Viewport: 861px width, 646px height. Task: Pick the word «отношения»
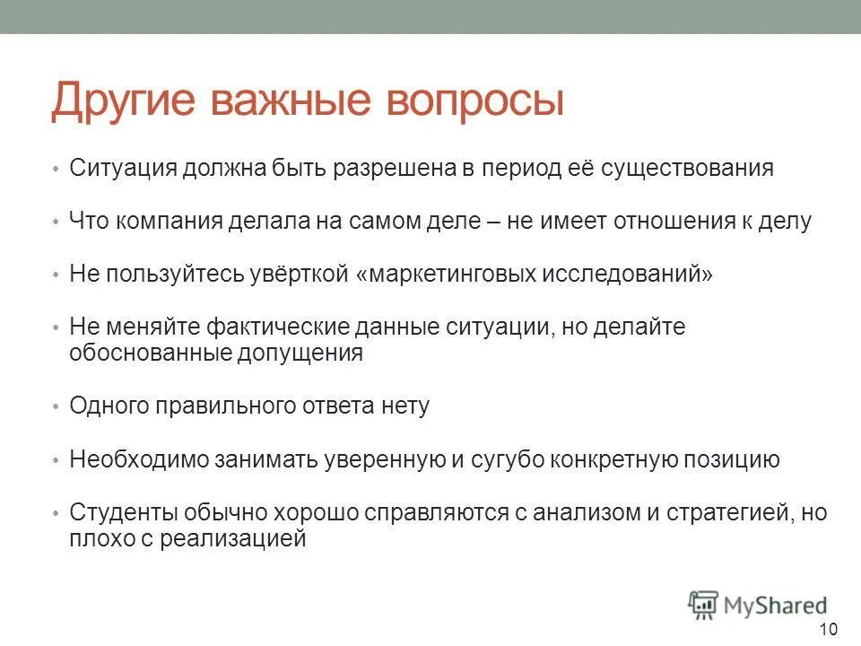click(x=678, y=222)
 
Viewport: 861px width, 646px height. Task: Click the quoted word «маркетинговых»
click(x=448, y=275)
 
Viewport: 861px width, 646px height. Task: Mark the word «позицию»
click(x=732, y=460)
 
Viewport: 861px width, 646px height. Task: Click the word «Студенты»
click(x=124, y=513)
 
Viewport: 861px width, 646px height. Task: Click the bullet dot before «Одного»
click(x=55, y=406)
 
